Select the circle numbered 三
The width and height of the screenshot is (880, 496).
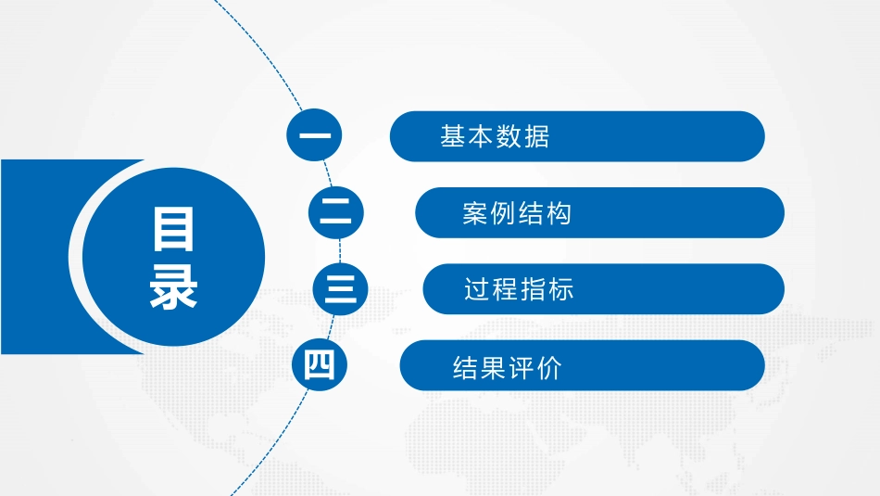[341, 289]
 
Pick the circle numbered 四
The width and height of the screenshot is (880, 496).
[320, 365]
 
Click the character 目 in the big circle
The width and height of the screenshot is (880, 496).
[173, 229]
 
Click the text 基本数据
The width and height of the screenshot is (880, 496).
[495, 137]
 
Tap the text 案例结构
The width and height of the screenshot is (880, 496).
[517, 213]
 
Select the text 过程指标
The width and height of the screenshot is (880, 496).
[519, 289]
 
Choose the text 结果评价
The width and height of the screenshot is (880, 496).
[507, 369]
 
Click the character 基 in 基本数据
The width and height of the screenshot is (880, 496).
[453, 137]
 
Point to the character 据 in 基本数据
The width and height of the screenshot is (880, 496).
[536, 137]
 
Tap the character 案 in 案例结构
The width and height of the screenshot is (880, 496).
[475, 213]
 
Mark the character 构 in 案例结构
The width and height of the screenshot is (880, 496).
[559, 213]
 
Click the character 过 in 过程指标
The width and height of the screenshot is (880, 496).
[477, 289]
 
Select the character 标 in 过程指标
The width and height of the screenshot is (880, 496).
[560, 289]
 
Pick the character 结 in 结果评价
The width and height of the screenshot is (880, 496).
[465, 369]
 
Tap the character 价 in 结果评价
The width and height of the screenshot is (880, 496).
[549, 369]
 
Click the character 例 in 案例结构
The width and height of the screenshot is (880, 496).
[503, 213]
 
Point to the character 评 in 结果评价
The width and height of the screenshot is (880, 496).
[522, 369]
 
